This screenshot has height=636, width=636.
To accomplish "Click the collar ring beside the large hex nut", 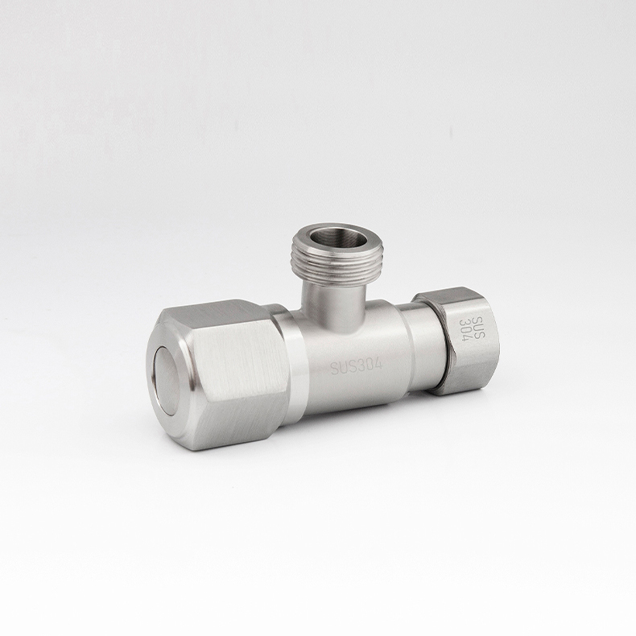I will click(288, 362).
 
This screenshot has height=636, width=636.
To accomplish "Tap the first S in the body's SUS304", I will click(334, 371).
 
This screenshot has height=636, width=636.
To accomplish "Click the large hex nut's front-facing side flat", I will click(237, 370).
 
